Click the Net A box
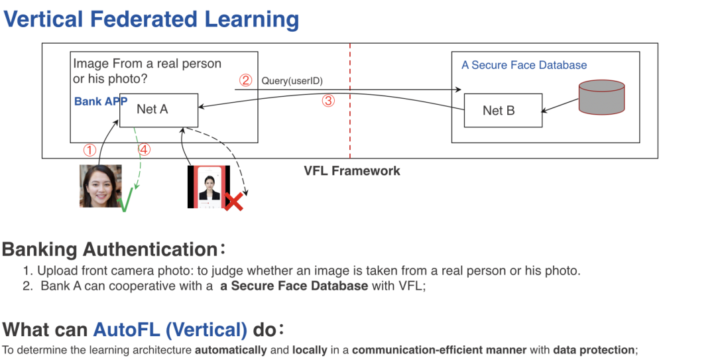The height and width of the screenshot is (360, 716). pos(158,109)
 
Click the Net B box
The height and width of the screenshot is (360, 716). pos(503,110)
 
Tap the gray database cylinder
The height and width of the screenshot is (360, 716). pos(601,97)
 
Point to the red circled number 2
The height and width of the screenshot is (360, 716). pos(245,81)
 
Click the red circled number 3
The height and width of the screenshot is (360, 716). pos(328,101)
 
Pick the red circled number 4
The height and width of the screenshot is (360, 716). pos(144,150)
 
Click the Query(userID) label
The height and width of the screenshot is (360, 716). pos(292,81)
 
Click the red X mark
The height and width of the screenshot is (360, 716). pos(233,201)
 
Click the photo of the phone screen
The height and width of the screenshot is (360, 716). pos(208,187)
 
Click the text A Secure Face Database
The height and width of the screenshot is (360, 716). pos(524,65)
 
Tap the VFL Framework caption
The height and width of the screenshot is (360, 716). pos(352,170)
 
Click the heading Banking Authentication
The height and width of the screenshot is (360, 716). pos(109,249)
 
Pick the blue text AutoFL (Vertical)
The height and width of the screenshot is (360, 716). pos(170,329)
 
